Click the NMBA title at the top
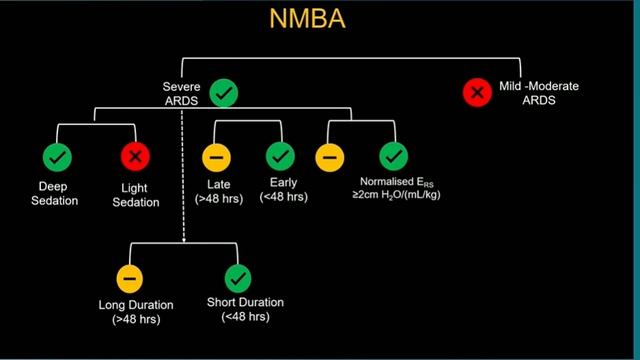click(x=319, y=21)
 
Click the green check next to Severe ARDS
click(x=224, y=94)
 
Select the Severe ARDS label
click(x=183, y=94)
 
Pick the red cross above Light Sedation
click(x=135, y=157)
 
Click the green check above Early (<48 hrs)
click(x=281, y=157)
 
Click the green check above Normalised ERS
click(x=393, y=157)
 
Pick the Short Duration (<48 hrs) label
click(x=245, y=310)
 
